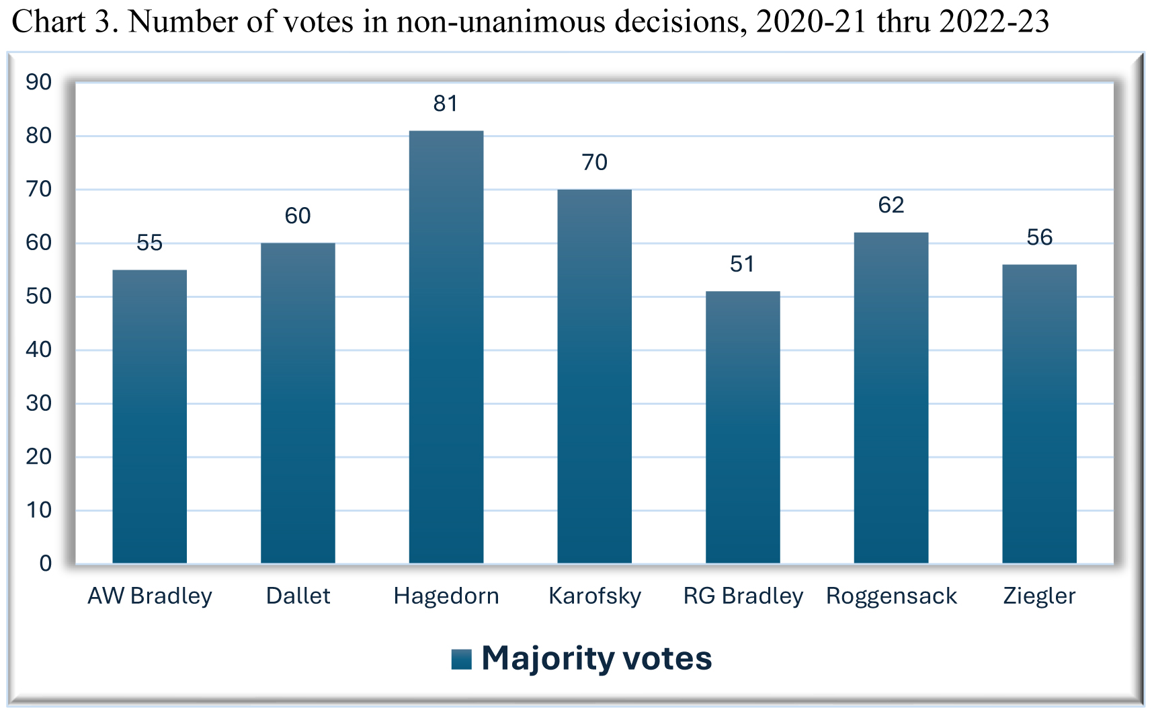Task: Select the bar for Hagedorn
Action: click(x=446, y=346)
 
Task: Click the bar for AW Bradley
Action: click(x=149, y=416)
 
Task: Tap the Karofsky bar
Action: click(x=594, y=376)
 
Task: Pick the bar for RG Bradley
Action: click(x=743, y=427)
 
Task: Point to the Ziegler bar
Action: click(x=1039, y=413)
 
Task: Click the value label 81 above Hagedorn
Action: click(x=446, y=104)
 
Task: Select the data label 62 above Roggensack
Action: click(x=891, y=205)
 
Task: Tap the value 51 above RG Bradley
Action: click(x=742, y=264)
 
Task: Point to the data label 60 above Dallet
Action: click(x=298, y=216)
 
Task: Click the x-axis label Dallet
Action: click(x=298, y=596)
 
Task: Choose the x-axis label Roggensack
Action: click(x=891, y=596)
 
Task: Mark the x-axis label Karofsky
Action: click(x=595, y=596)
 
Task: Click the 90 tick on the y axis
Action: click(x=38, y=82)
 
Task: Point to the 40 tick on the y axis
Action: click(x=38, y=350)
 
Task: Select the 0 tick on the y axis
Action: click(x=45, y=563)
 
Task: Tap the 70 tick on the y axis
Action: click(x=38, y=190)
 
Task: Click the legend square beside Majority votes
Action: click(x=462, y=659)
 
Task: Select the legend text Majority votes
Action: click(x=597, y=658)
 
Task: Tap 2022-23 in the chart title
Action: click(x=995, y=22)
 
